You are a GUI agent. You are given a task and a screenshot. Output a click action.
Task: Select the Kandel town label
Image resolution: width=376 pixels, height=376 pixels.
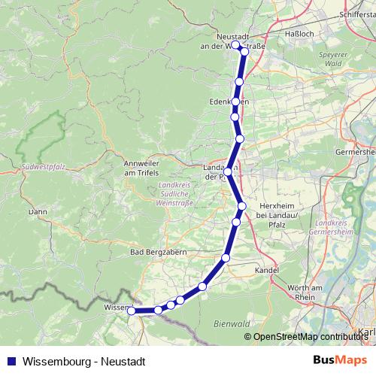click(x=267, y=268)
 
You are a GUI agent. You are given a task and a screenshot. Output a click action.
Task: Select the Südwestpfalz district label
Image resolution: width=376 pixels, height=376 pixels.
click(x=41, y=163)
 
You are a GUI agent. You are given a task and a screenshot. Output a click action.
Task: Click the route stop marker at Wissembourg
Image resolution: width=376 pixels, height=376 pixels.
click(x=132, y=311)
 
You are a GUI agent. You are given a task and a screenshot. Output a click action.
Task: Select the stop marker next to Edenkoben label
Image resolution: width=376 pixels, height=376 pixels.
click(x=236, y=102)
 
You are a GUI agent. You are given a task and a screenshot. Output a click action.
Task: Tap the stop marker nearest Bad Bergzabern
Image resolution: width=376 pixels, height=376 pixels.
click(x=226, y=259)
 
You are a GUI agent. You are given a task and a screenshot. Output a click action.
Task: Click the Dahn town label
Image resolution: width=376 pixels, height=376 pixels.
click(x=37, y=212)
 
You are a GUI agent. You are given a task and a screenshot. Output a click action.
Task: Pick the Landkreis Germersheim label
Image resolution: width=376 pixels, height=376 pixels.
click(x=335, y=226)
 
